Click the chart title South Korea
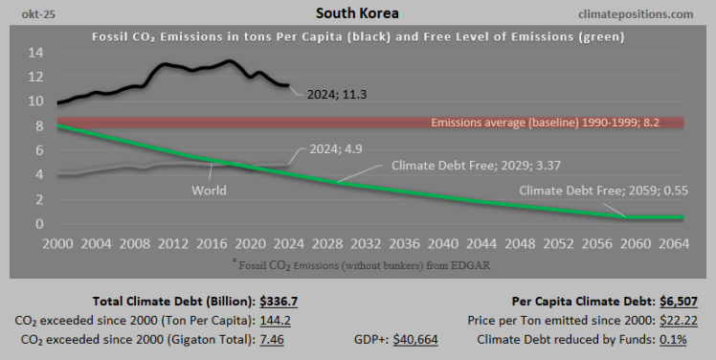coord(357,14)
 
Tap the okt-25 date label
coord(29,15)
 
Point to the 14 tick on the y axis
coord(35,52)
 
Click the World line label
coord(208,190)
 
